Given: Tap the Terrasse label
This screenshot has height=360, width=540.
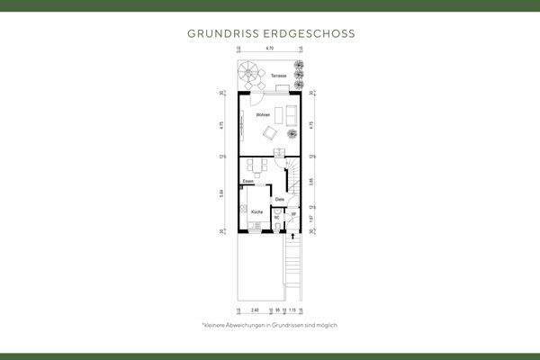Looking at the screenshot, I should click(x=278, y=76).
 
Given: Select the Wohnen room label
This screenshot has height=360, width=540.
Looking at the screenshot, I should click(x=263, y=116).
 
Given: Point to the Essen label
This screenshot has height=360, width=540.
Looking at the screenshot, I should click(x=247, y=182).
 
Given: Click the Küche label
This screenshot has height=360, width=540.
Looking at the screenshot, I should click(x=256, y=211).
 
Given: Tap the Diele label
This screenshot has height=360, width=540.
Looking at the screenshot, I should click(x=280, y=199).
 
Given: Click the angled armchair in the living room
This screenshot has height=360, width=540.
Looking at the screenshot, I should click(x=268, y=134).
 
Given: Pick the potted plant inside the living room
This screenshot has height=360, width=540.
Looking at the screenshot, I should click(x=292, y=134).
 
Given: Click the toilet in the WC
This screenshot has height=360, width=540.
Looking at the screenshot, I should click(x=277, y=226).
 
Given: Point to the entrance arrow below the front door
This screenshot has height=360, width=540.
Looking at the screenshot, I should click(x=293, y=236).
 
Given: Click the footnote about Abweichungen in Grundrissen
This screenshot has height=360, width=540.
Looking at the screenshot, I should click(x=269, y=324).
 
